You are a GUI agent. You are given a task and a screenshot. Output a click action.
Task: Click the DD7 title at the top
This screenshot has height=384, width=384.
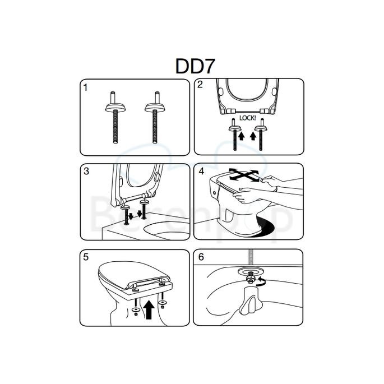192,66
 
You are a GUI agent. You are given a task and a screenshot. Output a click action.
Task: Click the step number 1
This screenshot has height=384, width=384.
85,87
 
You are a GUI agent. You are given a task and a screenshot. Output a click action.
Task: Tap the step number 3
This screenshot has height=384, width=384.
86,171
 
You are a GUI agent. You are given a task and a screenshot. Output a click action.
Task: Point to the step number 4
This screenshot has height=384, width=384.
200,171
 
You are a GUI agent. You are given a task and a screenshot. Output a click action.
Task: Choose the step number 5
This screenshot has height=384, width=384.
85,258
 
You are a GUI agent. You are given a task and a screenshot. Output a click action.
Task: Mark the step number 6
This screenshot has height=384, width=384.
200,258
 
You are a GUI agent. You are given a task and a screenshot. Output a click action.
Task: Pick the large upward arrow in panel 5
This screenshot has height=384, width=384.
149,309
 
